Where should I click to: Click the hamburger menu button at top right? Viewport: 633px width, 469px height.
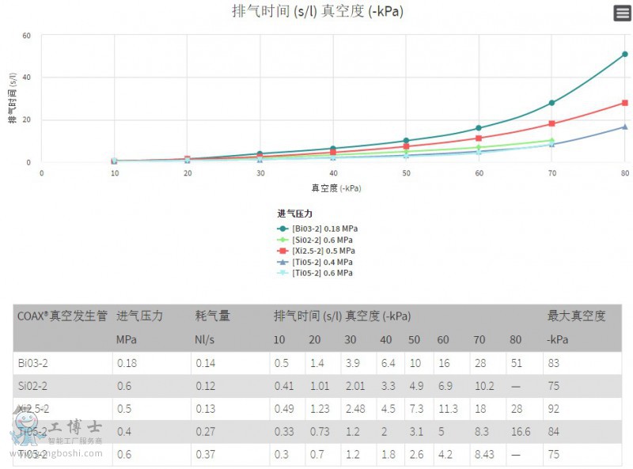pyautogui.click(x=622, y=13)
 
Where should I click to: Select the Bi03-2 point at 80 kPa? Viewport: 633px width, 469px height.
pyautogui.click(x=624, y=55)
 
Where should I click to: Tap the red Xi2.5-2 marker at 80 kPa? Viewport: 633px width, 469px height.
pyautogui.click(x=624, y=103)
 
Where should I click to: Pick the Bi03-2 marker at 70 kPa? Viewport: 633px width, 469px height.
pyautogui.click(x=552, y=103)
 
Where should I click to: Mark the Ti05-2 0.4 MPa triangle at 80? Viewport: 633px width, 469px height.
pyautogui.click(x=624, y=127)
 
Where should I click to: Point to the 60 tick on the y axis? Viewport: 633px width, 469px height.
pyautogui.click(x=27, y=36)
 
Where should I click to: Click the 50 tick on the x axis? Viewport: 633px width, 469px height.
pyautogui.click(x=406, y=172)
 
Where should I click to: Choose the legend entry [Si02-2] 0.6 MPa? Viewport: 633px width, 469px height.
pyautogui.click(x=316, y=240)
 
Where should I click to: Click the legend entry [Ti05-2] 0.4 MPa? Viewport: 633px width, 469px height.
pyautogui.click(x=316, y=262)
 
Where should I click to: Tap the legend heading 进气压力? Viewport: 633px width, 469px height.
pyautogui.click(x=295, y=214)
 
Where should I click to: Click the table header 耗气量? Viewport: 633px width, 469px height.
pyautogui.click(x=213, y=316)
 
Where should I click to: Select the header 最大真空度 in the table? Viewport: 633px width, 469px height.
pyautogui.click(x=576, y=316)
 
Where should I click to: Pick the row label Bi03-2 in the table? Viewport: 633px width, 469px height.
pyautogui.click(x=33, y=363)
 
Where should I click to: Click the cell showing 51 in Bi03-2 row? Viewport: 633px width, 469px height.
pyautogui.click(x=516, y=363)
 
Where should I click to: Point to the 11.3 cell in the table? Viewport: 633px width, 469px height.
pyautogui.click(x=448, y=409)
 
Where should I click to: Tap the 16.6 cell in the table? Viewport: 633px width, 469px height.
pyautogui.click(x=520, y=432)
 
